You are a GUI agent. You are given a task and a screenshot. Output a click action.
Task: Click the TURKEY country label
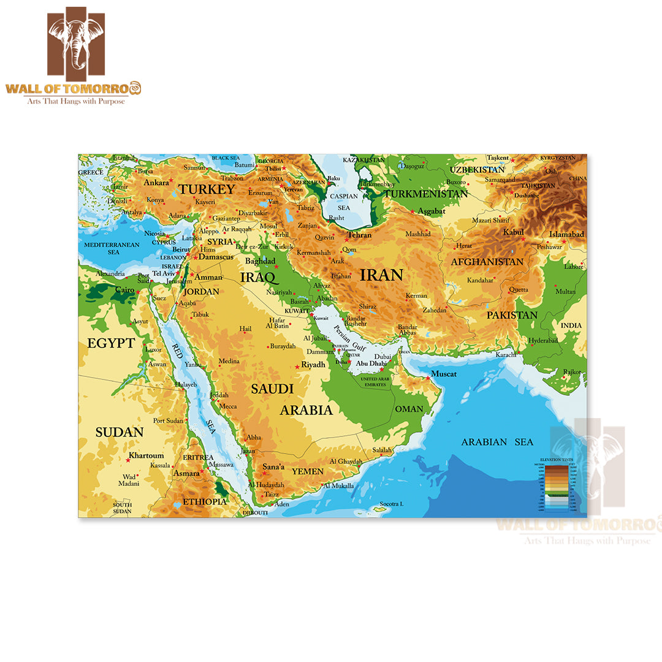tap(207, 189)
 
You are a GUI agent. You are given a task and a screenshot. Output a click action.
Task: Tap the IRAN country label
tap(381, 275)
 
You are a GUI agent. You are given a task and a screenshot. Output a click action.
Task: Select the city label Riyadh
tap(313, 365)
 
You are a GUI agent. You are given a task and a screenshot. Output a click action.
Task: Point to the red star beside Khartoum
tap(128, 460)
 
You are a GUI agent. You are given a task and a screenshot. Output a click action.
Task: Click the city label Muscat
tap(443, 374)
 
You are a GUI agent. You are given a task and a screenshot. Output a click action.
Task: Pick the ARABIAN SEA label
tap(497, 442)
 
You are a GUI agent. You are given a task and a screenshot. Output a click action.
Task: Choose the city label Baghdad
tap(260, 261)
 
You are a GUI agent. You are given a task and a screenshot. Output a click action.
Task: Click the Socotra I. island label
tap(391, 504)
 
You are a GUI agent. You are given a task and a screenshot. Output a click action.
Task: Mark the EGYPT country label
tap(110, 343)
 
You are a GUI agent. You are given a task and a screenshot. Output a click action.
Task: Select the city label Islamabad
tap(566, 234)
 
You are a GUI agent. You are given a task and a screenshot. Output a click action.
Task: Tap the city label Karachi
tap(506, 355)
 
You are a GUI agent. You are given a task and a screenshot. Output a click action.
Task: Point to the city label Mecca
tap(228, 406)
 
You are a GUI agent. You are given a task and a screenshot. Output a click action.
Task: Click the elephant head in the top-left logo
tap(76, 42)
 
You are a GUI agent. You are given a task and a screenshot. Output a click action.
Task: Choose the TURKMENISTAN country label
tap(425, 194)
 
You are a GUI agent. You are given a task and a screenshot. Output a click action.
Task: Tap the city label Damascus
tap(216, 257)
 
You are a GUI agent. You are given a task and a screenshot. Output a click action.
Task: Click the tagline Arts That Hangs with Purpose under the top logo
tap(75, 101)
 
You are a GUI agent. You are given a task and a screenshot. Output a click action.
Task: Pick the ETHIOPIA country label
tap(202, 501)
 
